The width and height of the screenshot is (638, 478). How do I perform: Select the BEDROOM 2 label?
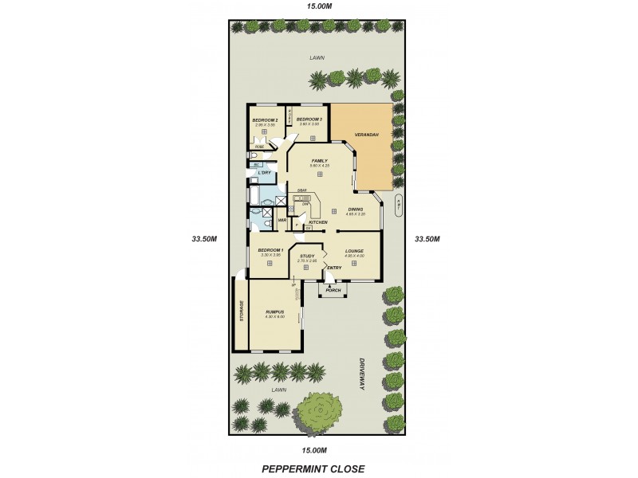[266, 119]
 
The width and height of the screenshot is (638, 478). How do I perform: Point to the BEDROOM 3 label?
[309, 119]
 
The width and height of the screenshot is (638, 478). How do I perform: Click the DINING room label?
[356, 210]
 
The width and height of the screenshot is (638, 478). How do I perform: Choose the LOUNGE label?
[355, 251]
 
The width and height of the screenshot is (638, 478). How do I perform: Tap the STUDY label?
[307, 256]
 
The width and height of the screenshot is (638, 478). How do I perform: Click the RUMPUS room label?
[274, 312]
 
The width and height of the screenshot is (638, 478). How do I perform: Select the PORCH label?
[333, 290]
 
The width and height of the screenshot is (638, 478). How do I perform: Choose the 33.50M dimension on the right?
[430, 237]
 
